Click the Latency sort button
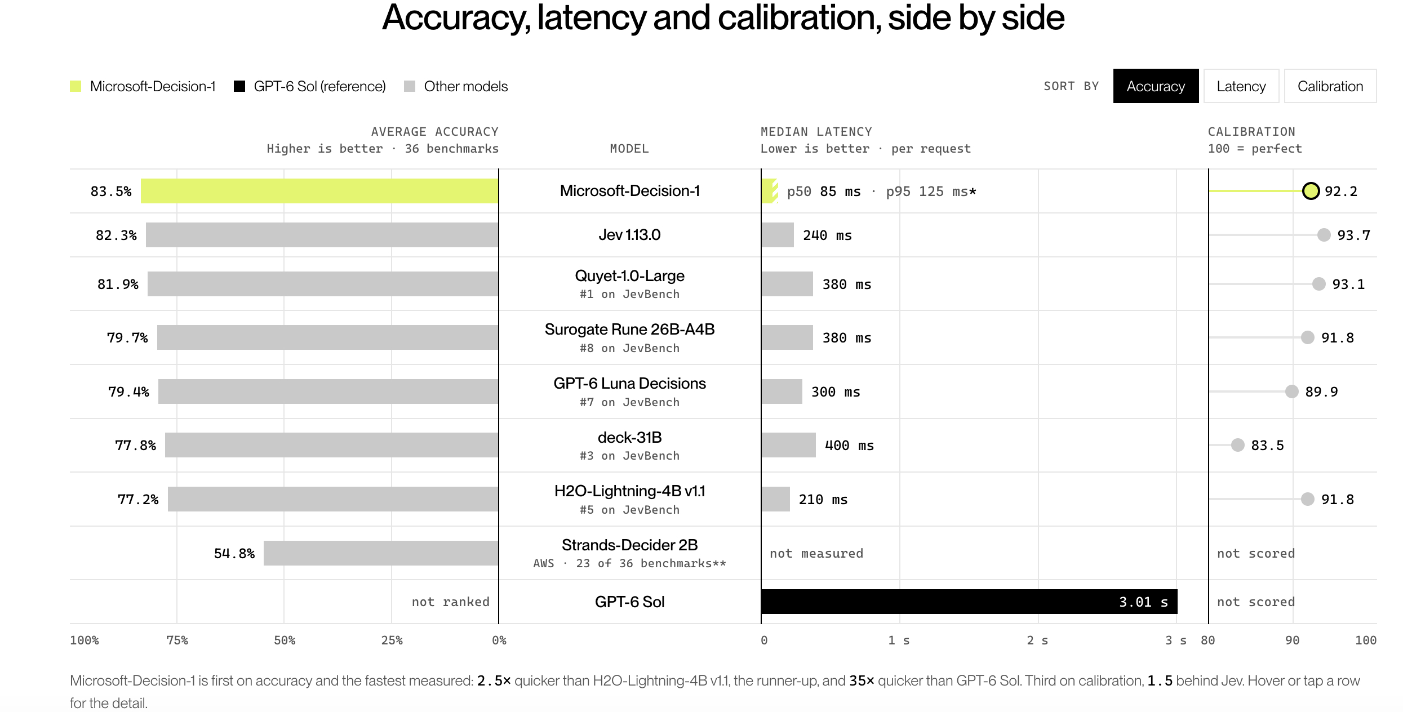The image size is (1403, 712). click(1241, 86)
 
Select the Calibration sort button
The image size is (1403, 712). click(1330, 86)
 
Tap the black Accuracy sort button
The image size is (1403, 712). click(1156, 86)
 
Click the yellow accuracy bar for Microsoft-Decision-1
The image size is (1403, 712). click(319, 191)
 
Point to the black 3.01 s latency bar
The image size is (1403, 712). click(969, 602)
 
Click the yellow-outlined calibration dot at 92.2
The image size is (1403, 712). click(1311, 191)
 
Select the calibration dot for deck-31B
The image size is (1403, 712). click(1238, 445)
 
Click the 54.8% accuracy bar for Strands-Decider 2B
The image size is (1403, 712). click(381, 553)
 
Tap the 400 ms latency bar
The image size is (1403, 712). click(788, 445)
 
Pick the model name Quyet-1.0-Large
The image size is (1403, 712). click(629, 275)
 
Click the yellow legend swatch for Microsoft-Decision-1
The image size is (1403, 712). click(76, 86)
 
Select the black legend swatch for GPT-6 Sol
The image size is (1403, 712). click(239, 86)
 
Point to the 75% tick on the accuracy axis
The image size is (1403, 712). click(177, 640)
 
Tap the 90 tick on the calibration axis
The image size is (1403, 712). click(1293, 640)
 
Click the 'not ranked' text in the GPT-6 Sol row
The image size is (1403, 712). click(450, 602)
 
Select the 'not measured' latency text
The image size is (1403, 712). click(816, 553)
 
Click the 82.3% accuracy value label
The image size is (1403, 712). click(116, 235)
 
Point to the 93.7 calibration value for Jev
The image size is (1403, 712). click(1353, 235)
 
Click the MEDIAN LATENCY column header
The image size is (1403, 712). click(816, 132)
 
